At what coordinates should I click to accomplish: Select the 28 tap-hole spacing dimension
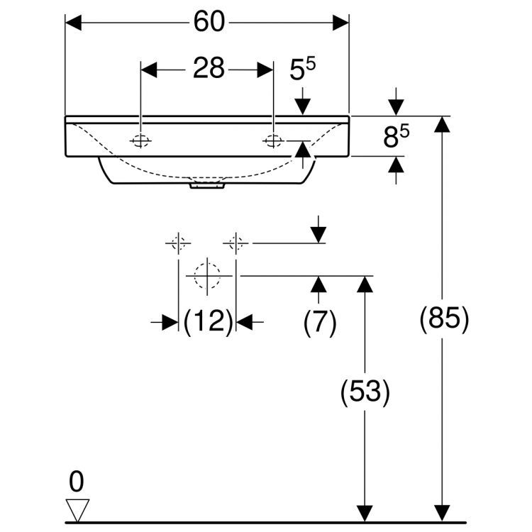(208, 69)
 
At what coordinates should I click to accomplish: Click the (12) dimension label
(208, 323)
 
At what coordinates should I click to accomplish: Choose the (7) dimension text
(319, 323)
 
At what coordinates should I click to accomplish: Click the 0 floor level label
(76, 482)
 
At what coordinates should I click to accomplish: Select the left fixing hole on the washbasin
(140, 140)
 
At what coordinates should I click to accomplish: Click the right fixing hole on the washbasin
(273, 140)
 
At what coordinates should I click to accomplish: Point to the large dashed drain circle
(207, 275)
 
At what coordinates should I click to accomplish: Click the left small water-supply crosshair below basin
(177, 244)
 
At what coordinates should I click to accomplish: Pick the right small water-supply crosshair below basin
(236, 244)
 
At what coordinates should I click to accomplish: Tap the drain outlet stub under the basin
(207, 186)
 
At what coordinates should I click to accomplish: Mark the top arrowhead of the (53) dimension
(365, 284)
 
